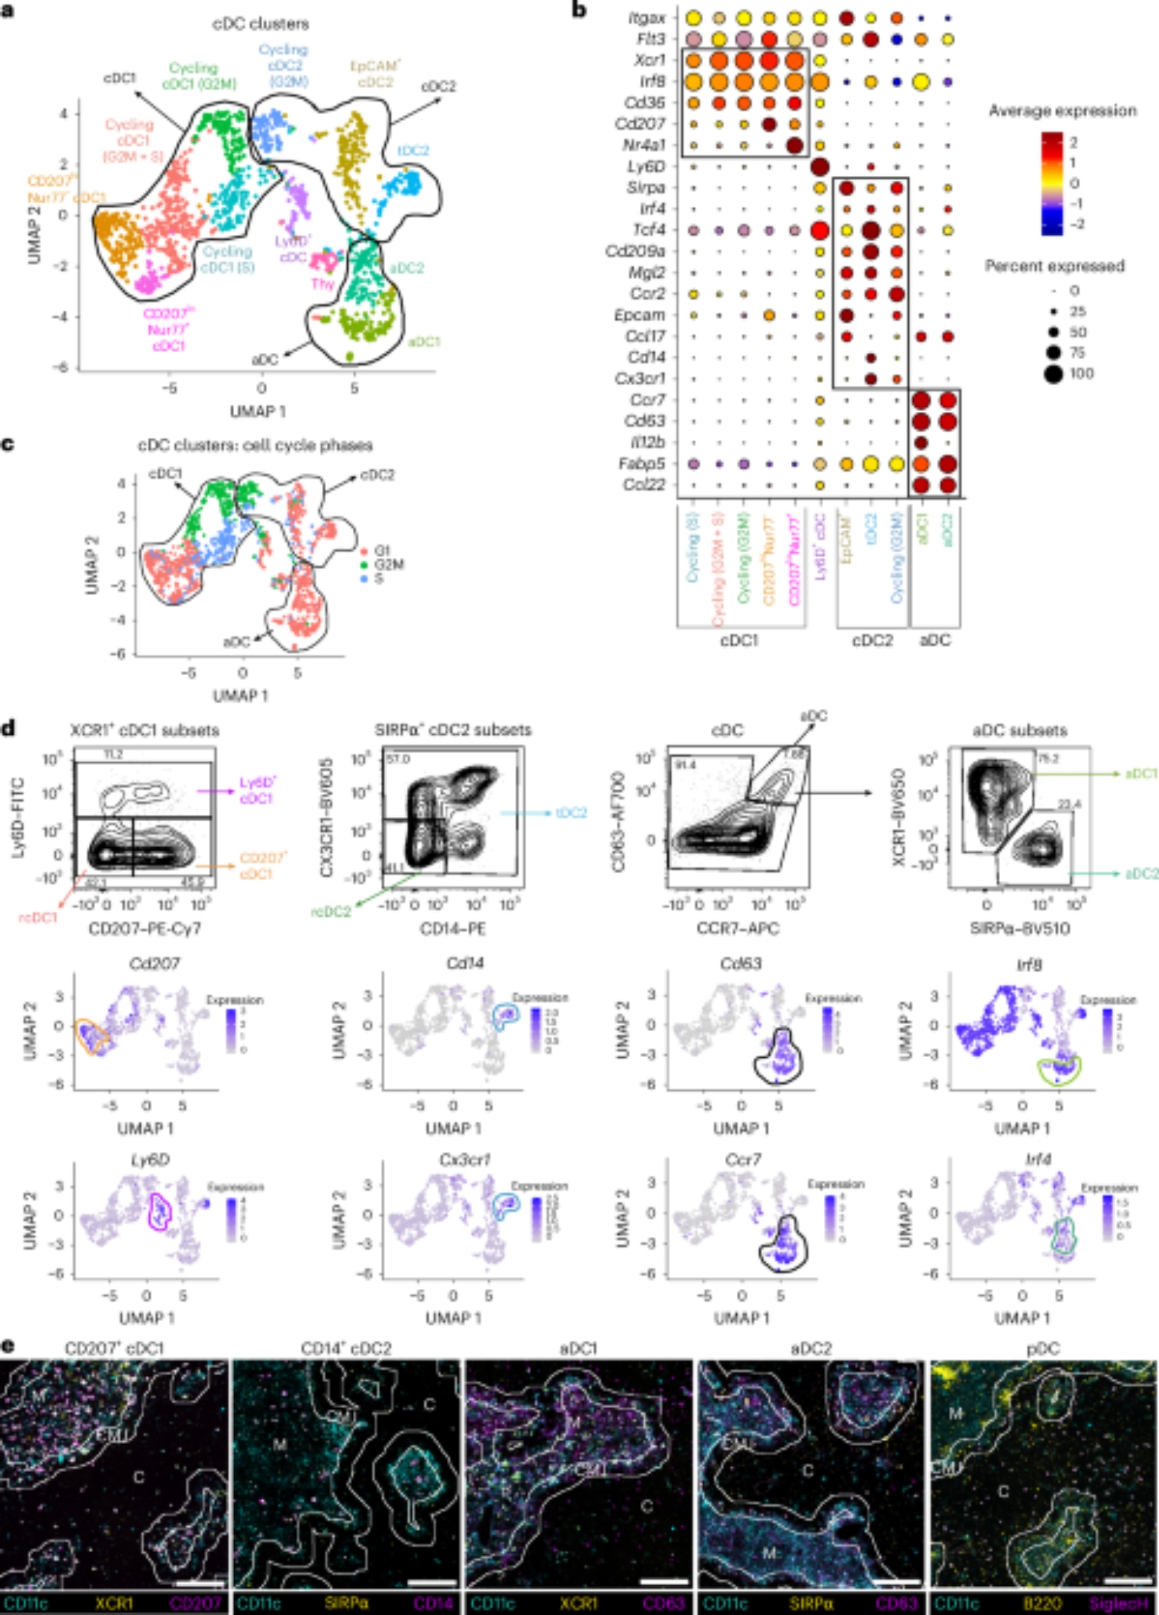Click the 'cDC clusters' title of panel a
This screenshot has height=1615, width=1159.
point(260,23)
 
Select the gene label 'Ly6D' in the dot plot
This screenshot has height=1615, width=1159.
point(646,166)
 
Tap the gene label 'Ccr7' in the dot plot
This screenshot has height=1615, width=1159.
point(648,400)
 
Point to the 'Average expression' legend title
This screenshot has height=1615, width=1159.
point(1062,111)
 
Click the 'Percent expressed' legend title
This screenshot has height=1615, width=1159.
point(1054,266)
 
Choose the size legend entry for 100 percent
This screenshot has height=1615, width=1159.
point(1053,373)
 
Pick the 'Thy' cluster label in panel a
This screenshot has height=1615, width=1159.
point(324,284)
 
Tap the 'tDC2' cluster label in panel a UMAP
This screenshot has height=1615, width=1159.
point(412,151)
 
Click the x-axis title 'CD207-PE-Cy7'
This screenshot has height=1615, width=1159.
point(144,929)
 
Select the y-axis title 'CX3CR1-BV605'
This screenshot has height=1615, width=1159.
point(326,817)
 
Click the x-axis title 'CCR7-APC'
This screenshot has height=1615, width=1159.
point(738,929)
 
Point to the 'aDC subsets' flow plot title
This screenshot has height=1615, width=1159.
point(1019,730)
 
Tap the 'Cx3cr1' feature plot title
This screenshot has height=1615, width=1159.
point(467,1160)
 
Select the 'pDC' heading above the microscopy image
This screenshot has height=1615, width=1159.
point(1043,1349)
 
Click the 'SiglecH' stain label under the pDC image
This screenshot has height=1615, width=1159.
point(1118,1603)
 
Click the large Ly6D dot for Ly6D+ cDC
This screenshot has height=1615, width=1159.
point(819,166)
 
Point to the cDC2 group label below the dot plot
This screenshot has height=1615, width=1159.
point(872,640)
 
